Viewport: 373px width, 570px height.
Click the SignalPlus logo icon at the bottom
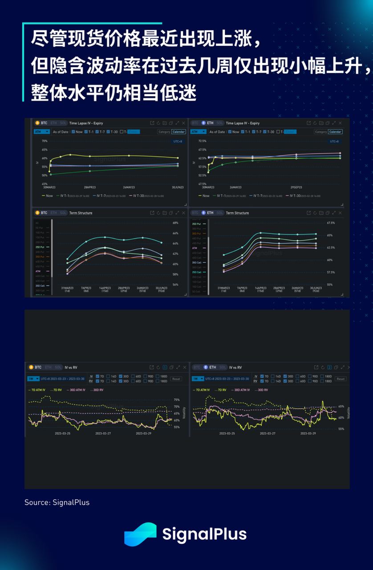click(140, 534)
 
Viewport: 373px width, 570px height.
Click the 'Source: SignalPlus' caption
click(57, 502)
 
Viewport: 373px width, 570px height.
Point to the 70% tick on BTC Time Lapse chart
click(45, 141)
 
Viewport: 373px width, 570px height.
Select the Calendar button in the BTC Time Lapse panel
click(178, 132)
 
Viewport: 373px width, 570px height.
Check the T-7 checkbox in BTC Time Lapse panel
click(97, 132)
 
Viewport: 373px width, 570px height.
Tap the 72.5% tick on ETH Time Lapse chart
click(202, 141)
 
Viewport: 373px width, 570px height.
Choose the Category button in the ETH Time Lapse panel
click(320, 132)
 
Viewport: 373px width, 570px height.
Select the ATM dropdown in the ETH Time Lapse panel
click(198, 132)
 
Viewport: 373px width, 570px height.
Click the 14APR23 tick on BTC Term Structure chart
click(105, 289)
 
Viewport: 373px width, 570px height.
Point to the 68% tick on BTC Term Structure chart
click(175, 223)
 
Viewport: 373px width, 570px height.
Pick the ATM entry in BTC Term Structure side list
click(38, 271)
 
